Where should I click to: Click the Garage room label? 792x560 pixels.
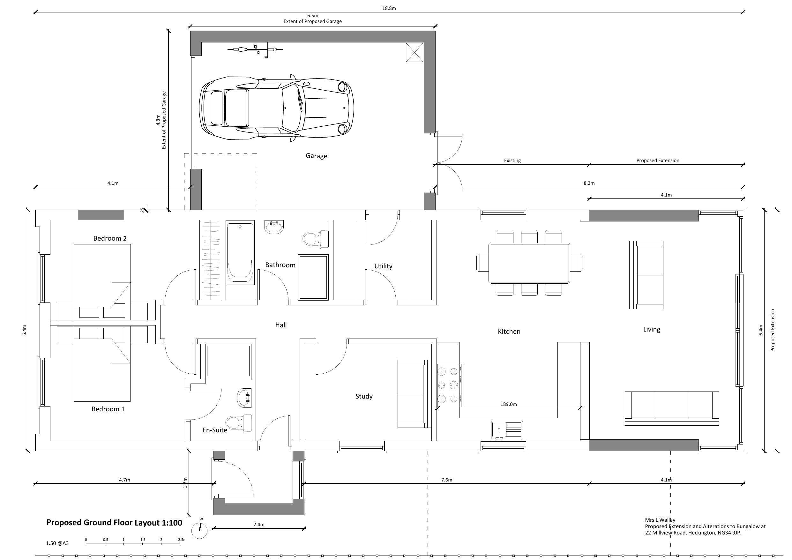(x=316, y=156)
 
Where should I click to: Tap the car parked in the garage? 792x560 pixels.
(x=277, y=108)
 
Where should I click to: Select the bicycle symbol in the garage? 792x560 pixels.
(x=255, y=50)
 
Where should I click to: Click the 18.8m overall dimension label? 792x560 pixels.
(x=389, y=8)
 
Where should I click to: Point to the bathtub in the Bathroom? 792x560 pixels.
(x=240, y=253)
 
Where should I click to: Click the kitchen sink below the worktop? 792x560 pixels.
(x=507, y=430)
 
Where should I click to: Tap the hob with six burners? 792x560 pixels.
(x=450, y=385)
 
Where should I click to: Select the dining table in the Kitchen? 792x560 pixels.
(x=529, y=263)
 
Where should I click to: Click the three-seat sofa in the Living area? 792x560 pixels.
(x=672, y=408)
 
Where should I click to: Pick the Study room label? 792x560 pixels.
(x=364, y=396)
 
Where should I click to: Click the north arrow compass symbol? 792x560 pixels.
(x=199, y=530)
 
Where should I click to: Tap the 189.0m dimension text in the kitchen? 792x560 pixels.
(x=508, y=404)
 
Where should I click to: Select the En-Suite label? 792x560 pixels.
(x=214, y=430)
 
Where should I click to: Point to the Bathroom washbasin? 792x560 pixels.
(x=274, y=227)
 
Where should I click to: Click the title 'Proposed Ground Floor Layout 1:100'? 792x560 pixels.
(x=114, y=523)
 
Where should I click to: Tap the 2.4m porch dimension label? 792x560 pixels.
(x=259, y=525)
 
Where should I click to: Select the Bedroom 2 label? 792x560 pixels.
(x=110, y=238)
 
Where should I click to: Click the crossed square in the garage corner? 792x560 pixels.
(x=414, y=52)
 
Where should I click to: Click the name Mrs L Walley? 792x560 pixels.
(x=660, y=520)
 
